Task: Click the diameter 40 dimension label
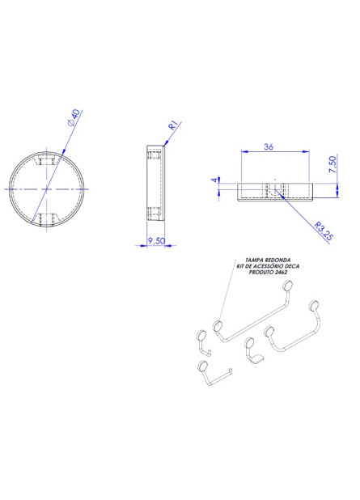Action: point(74,118)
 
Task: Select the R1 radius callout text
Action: point(173,125)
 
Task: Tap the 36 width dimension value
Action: point(269,146)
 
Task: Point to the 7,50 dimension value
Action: point(332,164)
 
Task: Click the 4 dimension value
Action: point(215,180)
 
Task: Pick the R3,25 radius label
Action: point(324,231)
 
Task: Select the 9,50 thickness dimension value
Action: point(156,240)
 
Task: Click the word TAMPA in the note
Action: point(254,261)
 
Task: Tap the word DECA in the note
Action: point(292,266)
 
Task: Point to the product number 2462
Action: point(281,273)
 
